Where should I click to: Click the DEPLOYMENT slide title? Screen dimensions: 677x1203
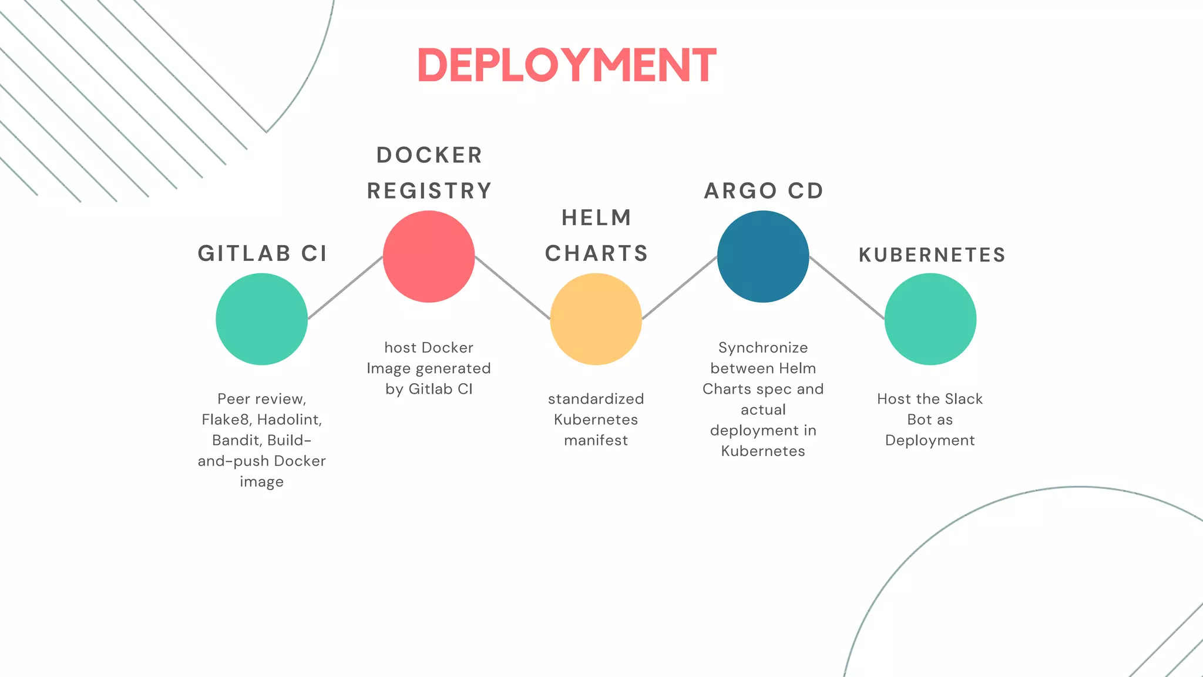pyautogui.click(x=566, y=65)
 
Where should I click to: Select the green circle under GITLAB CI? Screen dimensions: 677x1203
pyautogui.click(x=261, y=319)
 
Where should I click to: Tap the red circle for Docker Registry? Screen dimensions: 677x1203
pyautogui.click(x=429, y=257)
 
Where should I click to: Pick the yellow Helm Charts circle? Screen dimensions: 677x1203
pyautogui.click(x=596, y=319)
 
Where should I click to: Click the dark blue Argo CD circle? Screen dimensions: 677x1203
pyautogui.click(x=763, y=257)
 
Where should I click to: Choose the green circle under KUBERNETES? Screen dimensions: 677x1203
pyautogui.click(x=930, y=319)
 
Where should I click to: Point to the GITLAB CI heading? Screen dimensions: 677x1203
pyautogui.click(x=262, y=253)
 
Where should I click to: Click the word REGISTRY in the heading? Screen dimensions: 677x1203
pyautogui.click(x=429, y=191)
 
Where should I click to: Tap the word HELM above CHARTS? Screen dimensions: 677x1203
pyautogui.click(x=596, y=218)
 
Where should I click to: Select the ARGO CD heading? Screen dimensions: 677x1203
pyautogui.click(x=764, y=191)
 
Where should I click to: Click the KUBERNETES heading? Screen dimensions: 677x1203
pyautogui.click(x=932, y=255)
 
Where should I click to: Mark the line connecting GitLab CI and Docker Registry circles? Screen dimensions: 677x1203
pyautogui.click(x=345, y=288)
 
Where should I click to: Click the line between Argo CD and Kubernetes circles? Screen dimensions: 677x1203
pyautogui.click(x=846, y=288)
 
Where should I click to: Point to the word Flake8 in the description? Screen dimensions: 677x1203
pyautogui.click(x=226, y=420)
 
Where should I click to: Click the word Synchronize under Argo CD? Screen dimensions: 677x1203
pyautogui.click(x=763, y=348)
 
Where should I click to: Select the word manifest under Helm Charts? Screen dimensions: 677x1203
pyautogui.click(x=596, y=440)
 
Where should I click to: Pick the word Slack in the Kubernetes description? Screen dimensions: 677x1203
pyautogui.click(x=963, y=399)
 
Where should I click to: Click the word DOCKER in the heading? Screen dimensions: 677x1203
pyautogui.click(x=429, y=156)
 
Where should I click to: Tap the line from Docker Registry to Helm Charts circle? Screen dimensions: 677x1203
pyautogui.click(x=512, y=288)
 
